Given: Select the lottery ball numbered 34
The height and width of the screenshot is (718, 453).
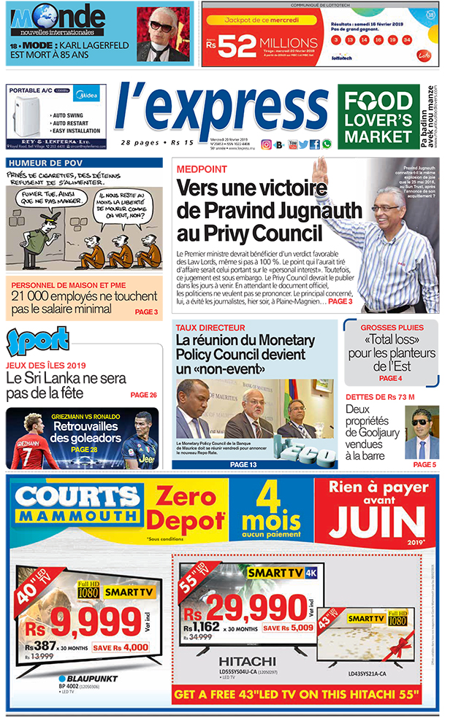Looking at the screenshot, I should click(406, 39).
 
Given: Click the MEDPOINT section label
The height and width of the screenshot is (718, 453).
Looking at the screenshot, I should click(199, 169).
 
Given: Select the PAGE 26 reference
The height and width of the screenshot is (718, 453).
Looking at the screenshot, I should click(143, 395).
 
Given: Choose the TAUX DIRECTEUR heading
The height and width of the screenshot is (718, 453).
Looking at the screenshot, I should click(210, 328).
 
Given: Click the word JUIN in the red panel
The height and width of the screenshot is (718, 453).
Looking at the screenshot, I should click(376, 523).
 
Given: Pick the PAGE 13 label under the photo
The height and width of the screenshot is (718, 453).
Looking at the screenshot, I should click(243, 464).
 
